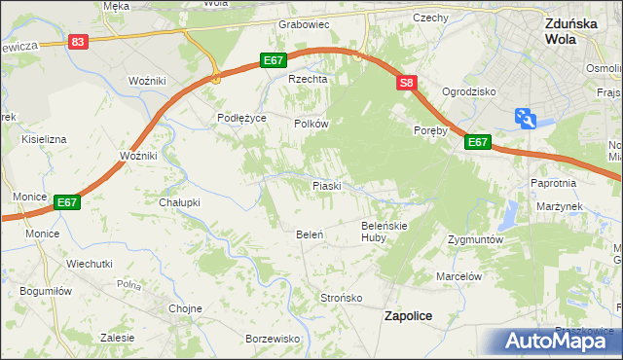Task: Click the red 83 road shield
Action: [x=79, y=41]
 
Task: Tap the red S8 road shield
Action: [x=407, y=85]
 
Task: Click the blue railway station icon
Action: [x=527, y=118]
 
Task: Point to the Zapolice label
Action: [x=409, y=316]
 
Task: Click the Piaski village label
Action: [x=325, y=185]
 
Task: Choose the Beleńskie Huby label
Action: [x=384, y=231]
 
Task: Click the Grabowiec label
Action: [x=305, y=23]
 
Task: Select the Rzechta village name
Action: [x=305, y=80]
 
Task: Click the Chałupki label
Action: [x=179, y=202]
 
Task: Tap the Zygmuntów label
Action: [x=474, y=239]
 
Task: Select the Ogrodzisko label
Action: [x=469, y=91]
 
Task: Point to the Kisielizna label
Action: [x=44, y=139]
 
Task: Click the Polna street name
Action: [x=128, y=285]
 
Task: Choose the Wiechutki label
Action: [x=90, y=264]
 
